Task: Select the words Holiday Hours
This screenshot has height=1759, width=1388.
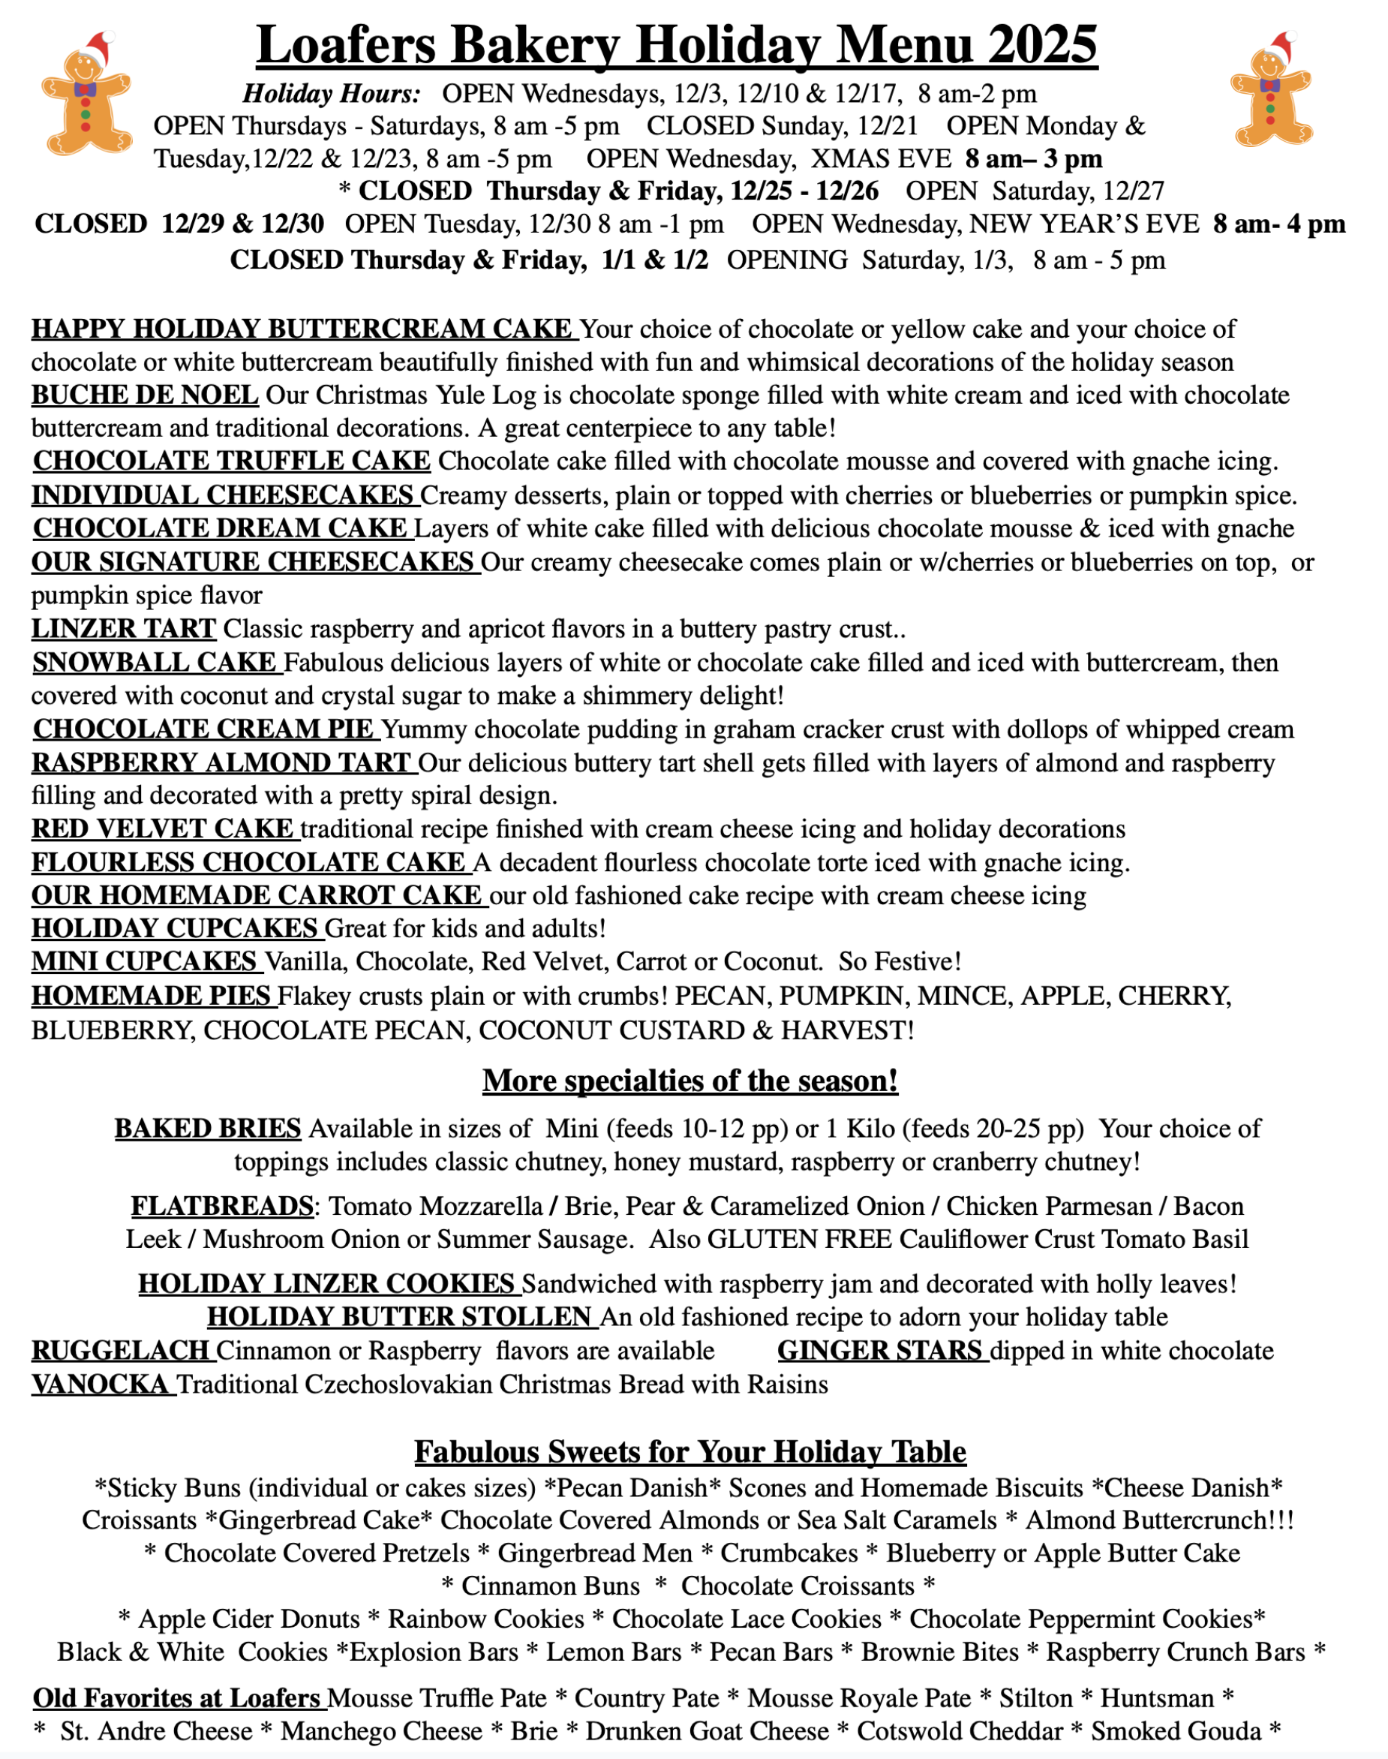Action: point(332,95)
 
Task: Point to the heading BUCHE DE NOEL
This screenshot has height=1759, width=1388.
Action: point(145,395)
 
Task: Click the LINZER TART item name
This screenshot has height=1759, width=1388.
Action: point(124,628)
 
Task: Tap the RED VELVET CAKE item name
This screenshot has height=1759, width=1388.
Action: point(163,828)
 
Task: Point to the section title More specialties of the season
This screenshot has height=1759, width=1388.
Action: point(690,1081)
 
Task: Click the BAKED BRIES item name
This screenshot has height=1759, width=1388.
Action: point(208,1128)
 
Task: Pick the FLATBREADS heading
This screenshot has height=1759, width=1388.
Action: point(222,1205)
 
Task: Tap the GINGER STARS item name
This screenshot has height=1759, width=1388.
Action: point(880,1350)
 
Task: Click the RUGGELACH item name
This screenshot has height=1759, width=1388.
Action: point(121,1350)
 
